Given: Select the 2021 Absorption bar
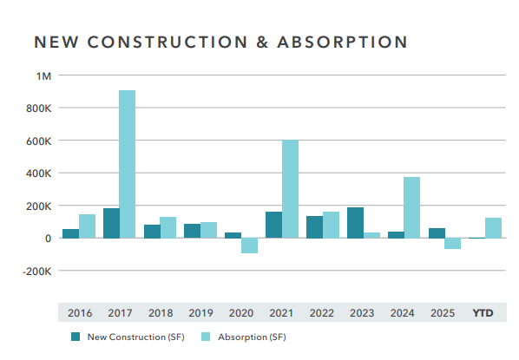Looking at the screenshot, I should tap(290, 188).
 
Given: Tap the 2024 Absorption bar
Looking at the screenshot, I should tap(411, 207).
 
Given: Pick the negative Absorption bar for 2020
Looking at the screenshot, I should tap(249, 245).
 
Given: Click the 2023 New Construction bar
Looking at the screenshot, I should tap(355, 222).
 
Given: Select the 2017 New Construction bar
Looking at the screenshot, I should tap(111, 223).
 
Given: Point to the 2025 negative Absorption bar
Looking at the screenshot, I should tap(452, 244).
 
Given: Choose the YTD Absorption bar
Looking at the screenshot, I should tap(493, 227).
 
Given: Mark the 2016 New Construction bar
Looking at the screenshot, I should tap(70, 233).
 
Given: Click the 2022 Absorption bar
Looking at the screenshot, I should tap(331, 225).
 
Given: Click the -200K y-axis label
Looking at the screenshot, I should tap(38, 271).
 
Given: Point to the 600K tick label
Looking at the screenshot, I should tap(39, 141).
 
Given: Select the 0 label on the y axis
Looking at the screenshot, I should tap(49, 239).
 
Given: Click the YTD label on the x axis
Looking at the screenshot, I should tap(483, 313).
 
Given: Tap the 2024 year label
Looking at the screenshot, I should tap(403, 313).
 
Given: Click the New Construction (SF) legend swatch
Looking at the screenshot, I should tap(76, 337).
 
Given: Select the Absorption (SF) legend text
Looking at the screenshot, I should tap(253, 337).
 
